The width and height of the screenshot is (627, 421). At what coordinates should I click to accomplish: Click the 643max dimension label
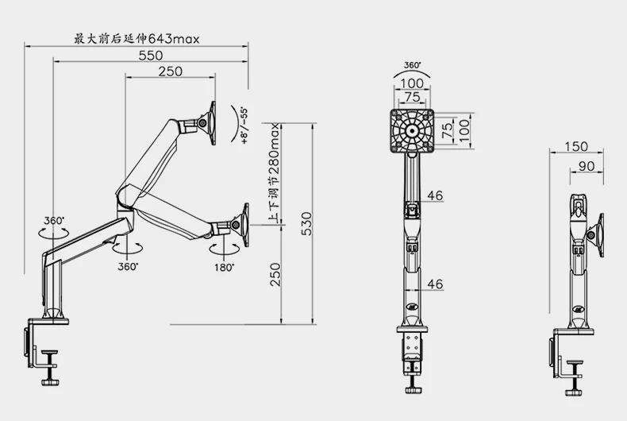coord(174,39)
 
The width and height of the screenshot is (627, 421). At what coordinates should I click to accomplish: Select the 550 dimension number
coord(151,56)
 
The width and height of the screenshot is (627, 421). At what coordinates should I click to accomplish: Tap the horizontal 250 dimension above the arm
coord(171,71)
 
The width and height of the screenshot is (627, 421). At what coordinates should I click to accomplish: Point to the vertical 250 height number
coord(275,274)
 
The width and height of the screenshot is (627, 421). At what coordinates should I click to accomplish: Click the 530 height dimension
coord(306,223)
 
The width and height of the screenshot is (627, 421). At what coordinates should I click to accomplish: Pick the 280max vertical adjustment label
coord(275,150)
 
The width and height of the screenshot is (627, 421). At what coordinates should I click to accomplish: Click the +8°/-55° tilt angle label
coord(244,126)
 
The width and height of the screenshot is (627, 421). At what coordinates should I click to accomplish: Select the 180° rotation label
coord(224,268)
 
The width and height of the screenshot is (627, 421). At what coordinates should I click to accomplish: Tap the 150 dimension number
coord(576,146)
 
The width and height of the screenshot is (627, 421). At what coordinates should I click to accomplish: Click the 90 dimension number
coord(587,166)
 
